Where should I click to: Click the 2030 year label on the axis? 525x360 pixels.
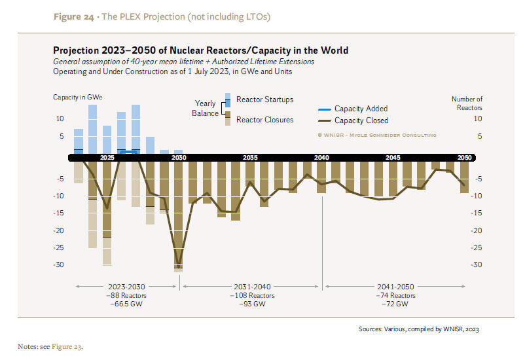(179, 158)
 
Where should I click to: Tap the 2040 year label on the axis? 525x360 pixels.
(321, 158)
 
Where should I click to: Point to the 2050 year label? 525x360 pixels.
(464, 158)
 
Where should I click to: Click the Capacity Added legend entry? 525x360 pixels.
(361, 109)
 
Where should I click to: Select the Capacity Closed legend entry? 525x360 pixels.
(361, 120)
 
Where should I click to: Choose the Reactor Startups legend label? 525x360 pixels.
(264, 99)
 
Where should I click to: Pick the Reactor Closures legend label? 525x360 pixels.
(264, 120)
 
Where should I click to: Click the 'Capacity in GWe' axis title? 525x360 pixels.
(78, 98)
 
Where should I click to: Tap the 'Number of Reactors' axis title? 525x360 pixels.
(467, 103)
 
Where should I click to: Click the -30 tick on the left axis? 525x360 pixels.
(62, 264)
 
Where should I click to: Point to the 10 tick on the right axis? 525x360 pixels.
(478, 119)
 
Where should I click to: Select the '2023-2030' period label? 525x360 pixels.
(127, 287)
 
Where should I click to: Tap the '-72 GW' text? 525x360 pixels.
(395, 304)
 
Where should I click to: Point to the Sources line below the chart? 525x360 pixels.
(422, 329)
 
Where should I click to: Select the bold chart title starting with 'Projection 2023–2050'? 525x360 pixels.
(200, 50)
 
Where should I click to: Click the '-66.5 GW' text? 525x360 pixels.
(127, 304)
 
